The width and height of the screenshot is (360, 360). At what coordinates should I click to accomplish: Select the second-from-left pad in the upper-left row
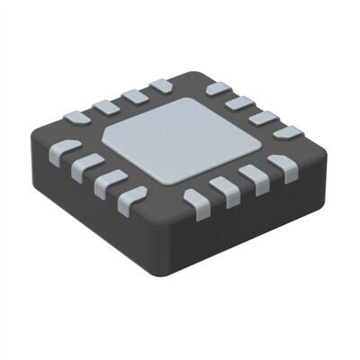tap(106, 106)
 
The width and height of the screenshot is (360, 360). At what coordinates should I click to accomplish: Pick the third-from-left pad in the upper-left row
tap(134, 95)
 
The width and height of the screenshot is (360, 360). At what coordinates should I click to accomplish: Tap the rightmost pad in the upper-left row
tap(161, 85)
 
